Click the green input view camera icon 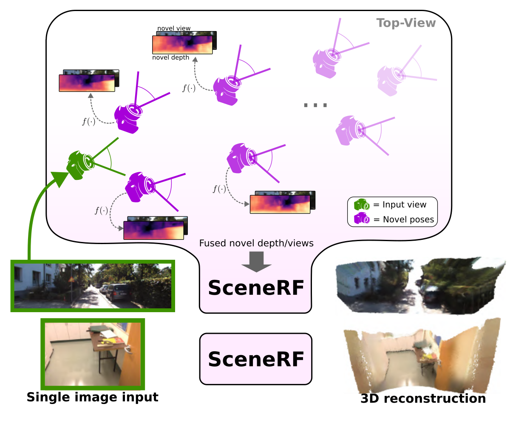(x=80, y=164)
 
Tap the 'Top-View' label (x=406, y=23)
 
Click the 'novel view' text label (x=174, y=28)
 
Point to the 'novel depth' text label (x=170, y=57)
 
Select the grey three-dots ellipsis (x=315, y=105)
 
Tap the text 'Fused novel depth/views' (x=256, y=243)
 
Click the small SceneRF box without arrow (x=256, y=359)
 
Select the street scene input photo (x=93, y=285)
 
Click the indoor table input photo (x=93, y=354)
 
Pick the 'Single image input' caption (x=92, y=397)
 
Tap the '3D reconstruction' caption (x=423, y=398)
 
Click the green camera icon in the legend (x=362, y=205)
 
